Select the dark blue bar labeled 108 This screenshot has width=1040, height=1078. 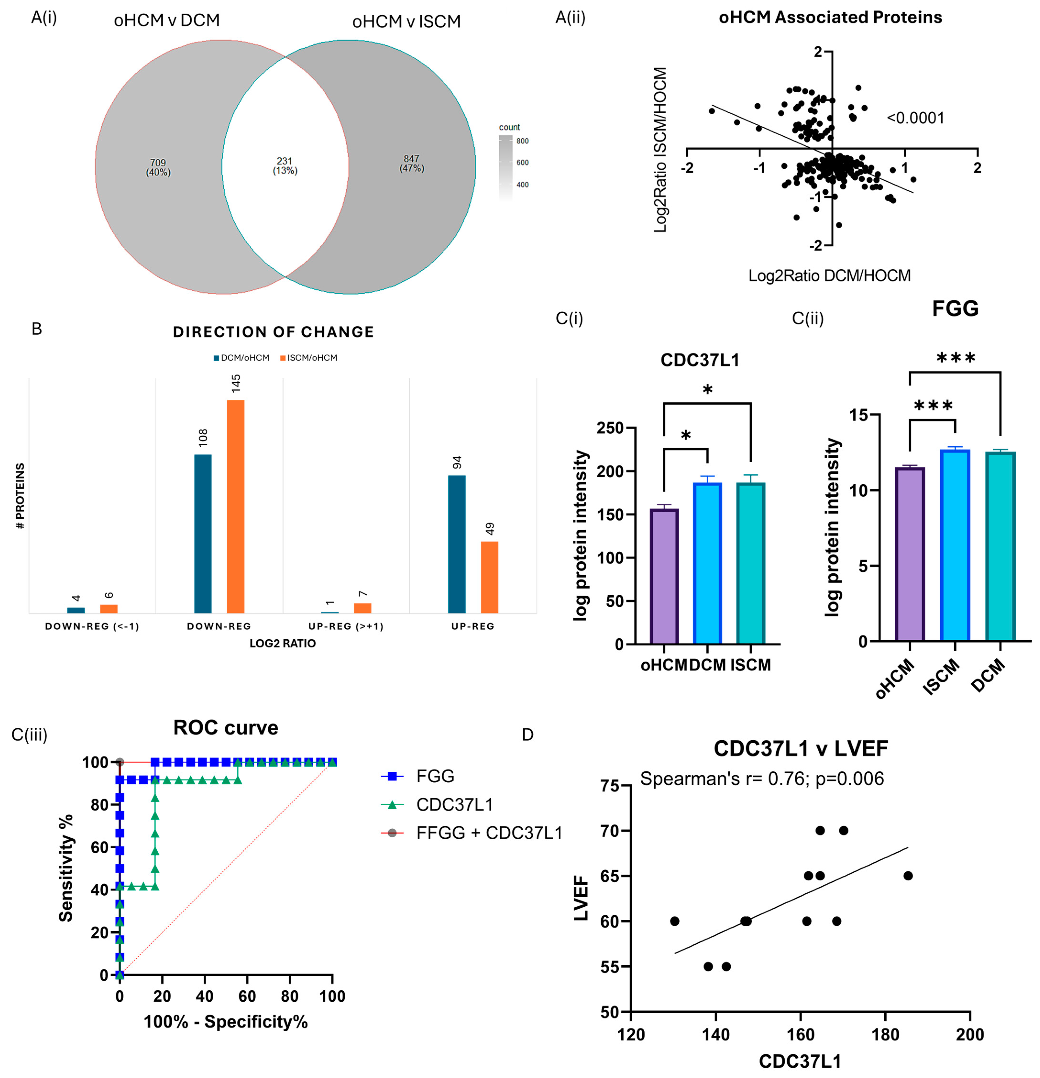[203, 534]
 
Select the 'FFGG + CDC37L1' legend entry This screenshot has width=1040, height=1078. [489, 833]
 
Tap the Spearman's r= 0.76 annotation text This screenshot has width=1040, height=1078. [762, 779]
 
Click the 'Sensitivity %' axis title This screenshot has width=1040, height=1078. [66, 868]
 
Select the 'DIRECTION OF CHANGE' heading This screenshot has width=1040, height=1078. [273, 332]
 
